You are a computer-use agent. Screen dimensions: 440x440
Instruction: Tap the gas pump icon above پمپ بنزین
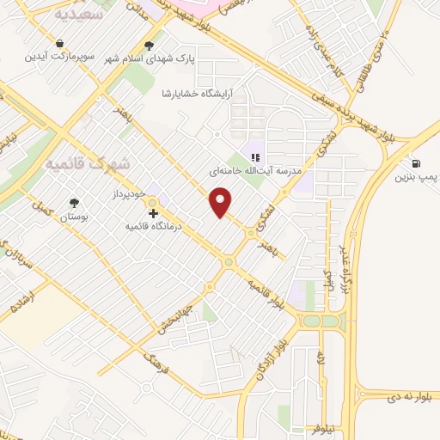point(417,163)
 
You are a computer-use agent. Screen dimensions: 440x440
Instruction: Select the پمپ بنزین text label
point(416,178)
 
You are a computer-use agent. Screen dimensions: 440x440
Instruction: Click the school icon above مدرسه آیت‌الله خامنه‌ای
point(254,156)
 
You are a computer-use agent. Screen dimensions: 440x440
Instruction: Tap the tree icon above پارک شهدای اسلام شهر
point(150,46)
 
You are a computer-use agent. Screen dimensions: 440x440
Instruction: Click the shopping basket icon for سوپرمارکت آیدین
point(59,42)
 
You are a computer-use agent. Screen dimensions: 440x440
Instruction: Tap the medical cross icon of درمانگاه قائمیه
point(153,213)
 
